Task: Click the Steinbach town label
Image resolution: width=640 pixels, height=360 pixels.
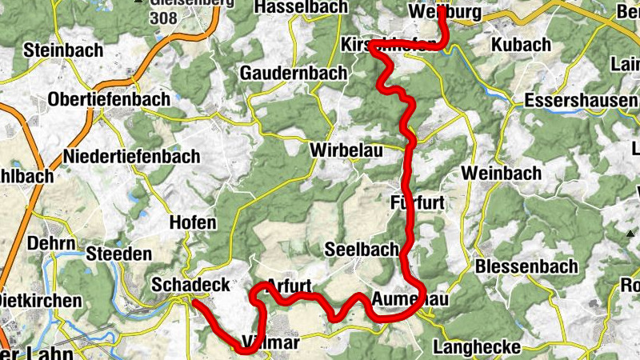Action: pyautogui.click(x=63, y=50)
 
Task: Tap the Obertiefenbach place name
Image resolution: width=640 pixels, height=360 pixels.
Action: pyautogui.click(x=110, y=99)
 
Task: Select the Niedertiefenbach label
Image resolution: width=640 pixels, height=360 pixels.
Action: pyautogui.click(x=132, y=156)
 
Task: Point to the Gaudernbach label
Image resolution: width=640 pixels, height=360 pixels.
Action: pyautogui.click(x=294, y=73)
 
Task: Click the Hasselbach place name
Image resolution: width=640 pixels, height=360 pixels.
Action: pyautogui.click(x=300, y=7)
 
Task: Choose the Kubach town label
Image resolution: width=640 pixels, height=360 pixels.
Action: pyautogui.click(x=522, y=44)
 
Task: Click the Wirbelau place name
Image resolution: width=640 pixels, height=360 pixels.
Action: pyautogui.click(x=345, y=150)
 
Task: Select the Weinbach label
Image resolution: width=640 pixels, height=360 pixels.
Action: pyautogui.click(x=512, y=173)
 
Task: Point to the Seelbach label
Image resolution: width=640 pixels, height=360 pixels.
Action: pyautogui.click(x=361, y=250)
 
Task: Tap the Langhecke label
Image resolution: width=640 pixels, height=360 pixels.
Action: pyautogui.click(x=476, y=347)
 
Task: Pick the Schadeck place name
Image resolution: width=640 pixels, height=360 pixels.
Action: pyautogui.click(x=190, y=285)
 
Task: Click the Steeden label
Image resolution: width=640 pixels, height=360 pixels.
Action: pyautogui.click(x=119, y=254)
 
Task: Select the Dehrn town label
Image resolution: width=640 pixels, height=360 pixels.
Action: pyautogui.click(x=51, y=243)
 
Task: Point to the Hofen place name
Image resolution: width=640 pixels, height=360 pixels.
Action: pyautogui.click(x=193, y=222)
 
